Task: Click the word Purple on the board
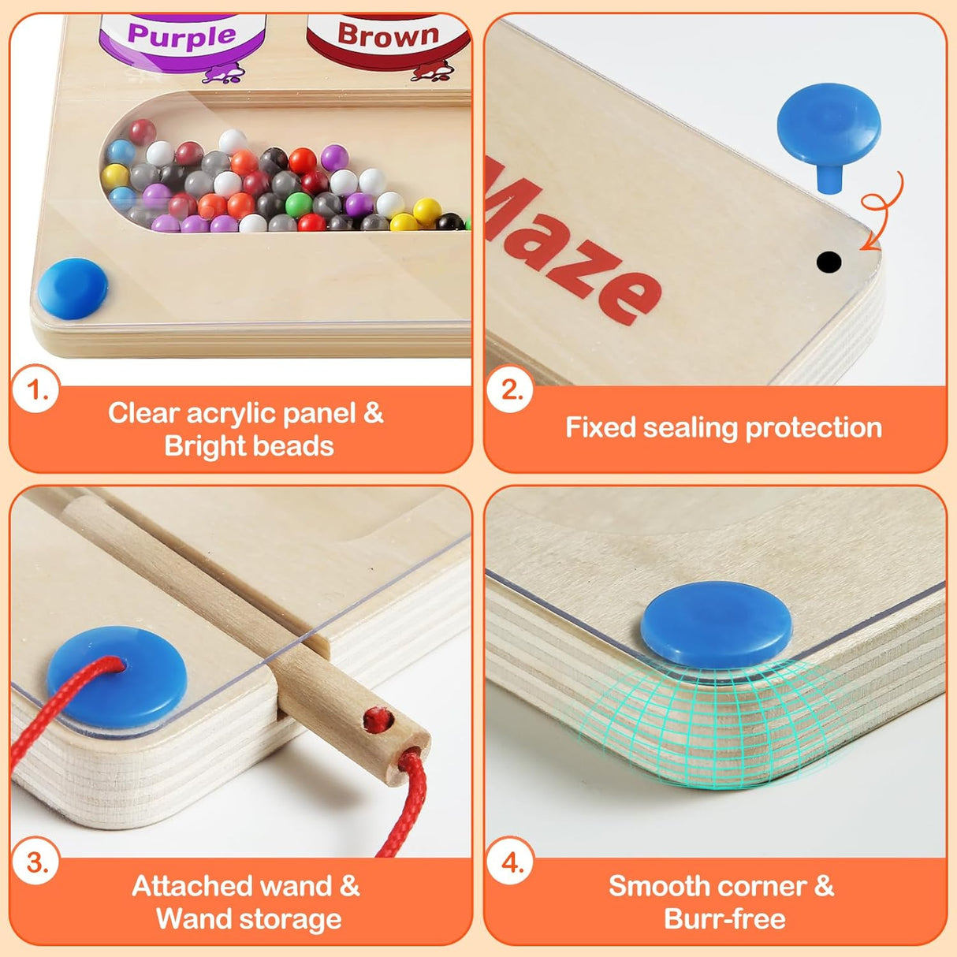pos(182,35)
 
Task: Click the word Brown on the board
pos(388,35)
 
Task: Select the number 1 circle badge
pos(36,389)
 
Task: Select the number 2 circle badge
pos(511,389)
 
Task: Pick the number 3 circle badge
pos(36,862)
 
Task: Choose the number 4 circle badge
pos(511,862)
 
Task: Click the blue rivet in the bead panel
pos(73,289)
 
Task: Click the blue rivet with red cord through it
pos(117,677)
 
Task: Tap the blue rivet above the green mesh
pos(716,624)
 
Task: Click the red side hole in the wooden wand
pos(378,719)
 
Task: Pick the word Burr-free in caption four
pos(724,919)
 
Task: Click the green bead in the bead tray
pos(299,204)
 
